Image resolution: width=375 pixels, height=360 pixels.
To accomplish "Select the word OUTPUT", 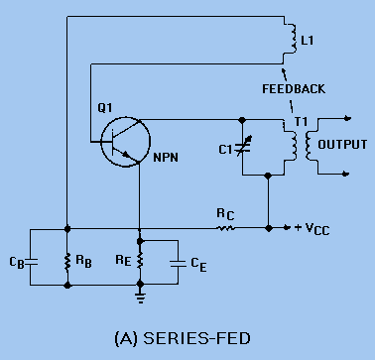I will click(343, 145).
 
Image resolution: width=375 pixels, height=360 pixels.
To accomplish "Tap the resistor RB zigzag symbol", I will click(66, 261).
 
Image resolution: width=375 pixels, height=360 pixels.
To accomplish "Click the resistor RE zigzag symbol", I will click(139, 261).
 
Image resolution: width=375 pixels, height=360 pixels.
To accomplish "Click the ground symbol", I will click(139, 295).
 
